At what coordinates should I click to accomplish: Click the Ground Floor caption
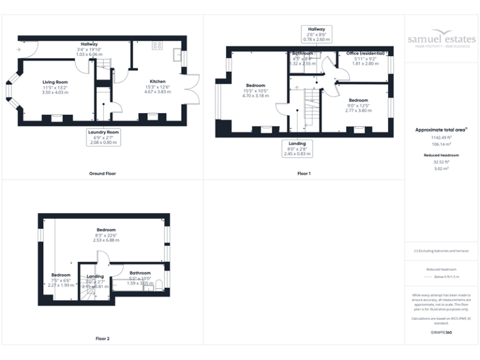point(102,173)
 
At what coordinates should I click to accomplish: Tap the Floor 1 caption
point(304,173)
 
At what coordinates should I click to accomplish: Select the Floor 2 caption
point(102,339)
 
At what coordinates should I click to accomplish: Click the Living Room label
point(55,87)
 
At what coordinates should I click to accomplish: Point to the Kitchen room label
point(157,87)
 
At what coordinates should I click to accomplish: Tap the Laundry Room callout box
point(103,137)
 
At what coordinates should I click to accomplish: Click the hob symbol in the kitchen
point(157,45)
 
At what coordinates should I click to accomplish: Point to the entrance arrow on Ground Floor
point(20,49)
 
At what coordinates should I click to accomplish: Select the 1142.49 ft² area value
point(441,137)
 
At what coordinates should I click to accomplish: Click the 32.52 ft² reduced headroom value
point(441,161)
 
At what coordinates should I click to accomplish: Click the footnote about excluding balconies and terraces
point(441,251)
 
